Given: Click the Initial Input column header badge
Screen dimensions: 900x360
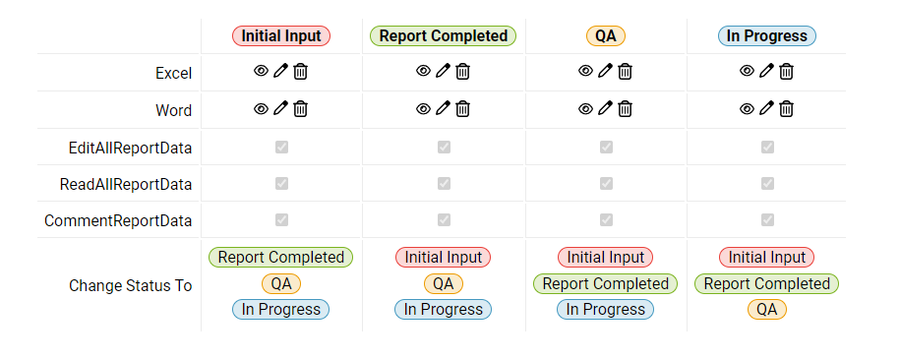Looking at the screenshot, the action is pyautogui.click(x=281, y=36).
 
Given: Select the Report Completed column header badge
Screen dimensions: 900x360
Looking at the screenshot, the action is pyautogui.click(x=443, y=36).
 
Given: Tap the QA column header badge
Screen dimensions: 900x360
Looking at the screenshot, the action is pyautogui.click(x=606, y=36).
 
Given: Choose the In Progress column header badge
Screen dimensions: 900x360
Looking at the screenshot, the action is pyautogui.click(x=767, y=36).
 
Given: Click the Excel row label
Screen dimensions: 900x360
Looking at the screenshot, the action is pyautogui.click(x=173, y=74).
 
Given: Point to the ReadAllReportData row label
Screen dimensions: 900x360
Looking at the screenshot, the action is pyautogui.click(x=126, y=184).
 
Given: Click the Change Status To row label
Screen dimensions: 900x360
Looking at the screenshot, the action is pyautogui.click(x=130, y=286).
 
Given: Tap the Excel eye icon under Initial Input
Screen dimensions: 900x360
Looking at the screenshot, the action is pyautogui.click(x=262, y=71).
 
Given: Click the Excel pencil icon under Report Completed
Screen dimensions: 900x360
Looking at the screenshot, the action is pyautogui.click(x=443, y=71).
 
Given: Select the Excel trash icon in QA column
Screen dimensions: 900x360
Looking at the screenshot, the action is pyautogui.click(x=625, y=71).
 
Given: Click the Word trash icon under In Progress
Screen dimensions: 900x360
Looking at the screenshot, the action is pyautogui.click(x=786, y=108).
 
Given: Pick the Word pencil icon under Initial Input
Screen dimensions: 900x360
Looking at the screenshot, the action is pyautogui.click(x=280, y=108).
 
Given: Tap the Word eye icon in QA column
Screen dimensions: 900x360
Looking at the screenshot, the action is pyautogui.click(x=585, y=108).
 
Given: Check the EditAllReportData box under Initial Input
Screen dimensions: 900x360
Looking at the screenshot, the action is pyautogui.click(x=281, y=147).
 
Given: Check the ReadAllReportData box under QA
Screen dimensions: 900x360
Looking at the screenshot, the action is pyautogui.click(x=606, y=183).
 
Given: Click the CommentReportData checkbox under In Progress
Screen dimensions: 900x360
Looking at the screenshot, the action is pyautogui.click(x=767, y=219).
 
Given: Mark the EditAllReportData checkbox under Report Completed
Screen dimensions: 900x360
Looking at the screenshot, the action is pyautogui.click(x=444, y=147).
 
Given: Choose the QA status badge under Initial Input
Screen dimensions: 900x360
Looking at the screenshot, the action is pyautogui.click(x=281, y=283).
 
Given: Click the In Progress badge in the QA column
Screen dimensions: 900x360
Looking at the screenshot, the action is pyautogui.click(x=606, y=310).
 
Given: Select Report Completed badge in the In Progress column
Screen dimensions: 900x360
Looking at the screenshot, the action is pyautogui.click(x=767, y=283).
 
